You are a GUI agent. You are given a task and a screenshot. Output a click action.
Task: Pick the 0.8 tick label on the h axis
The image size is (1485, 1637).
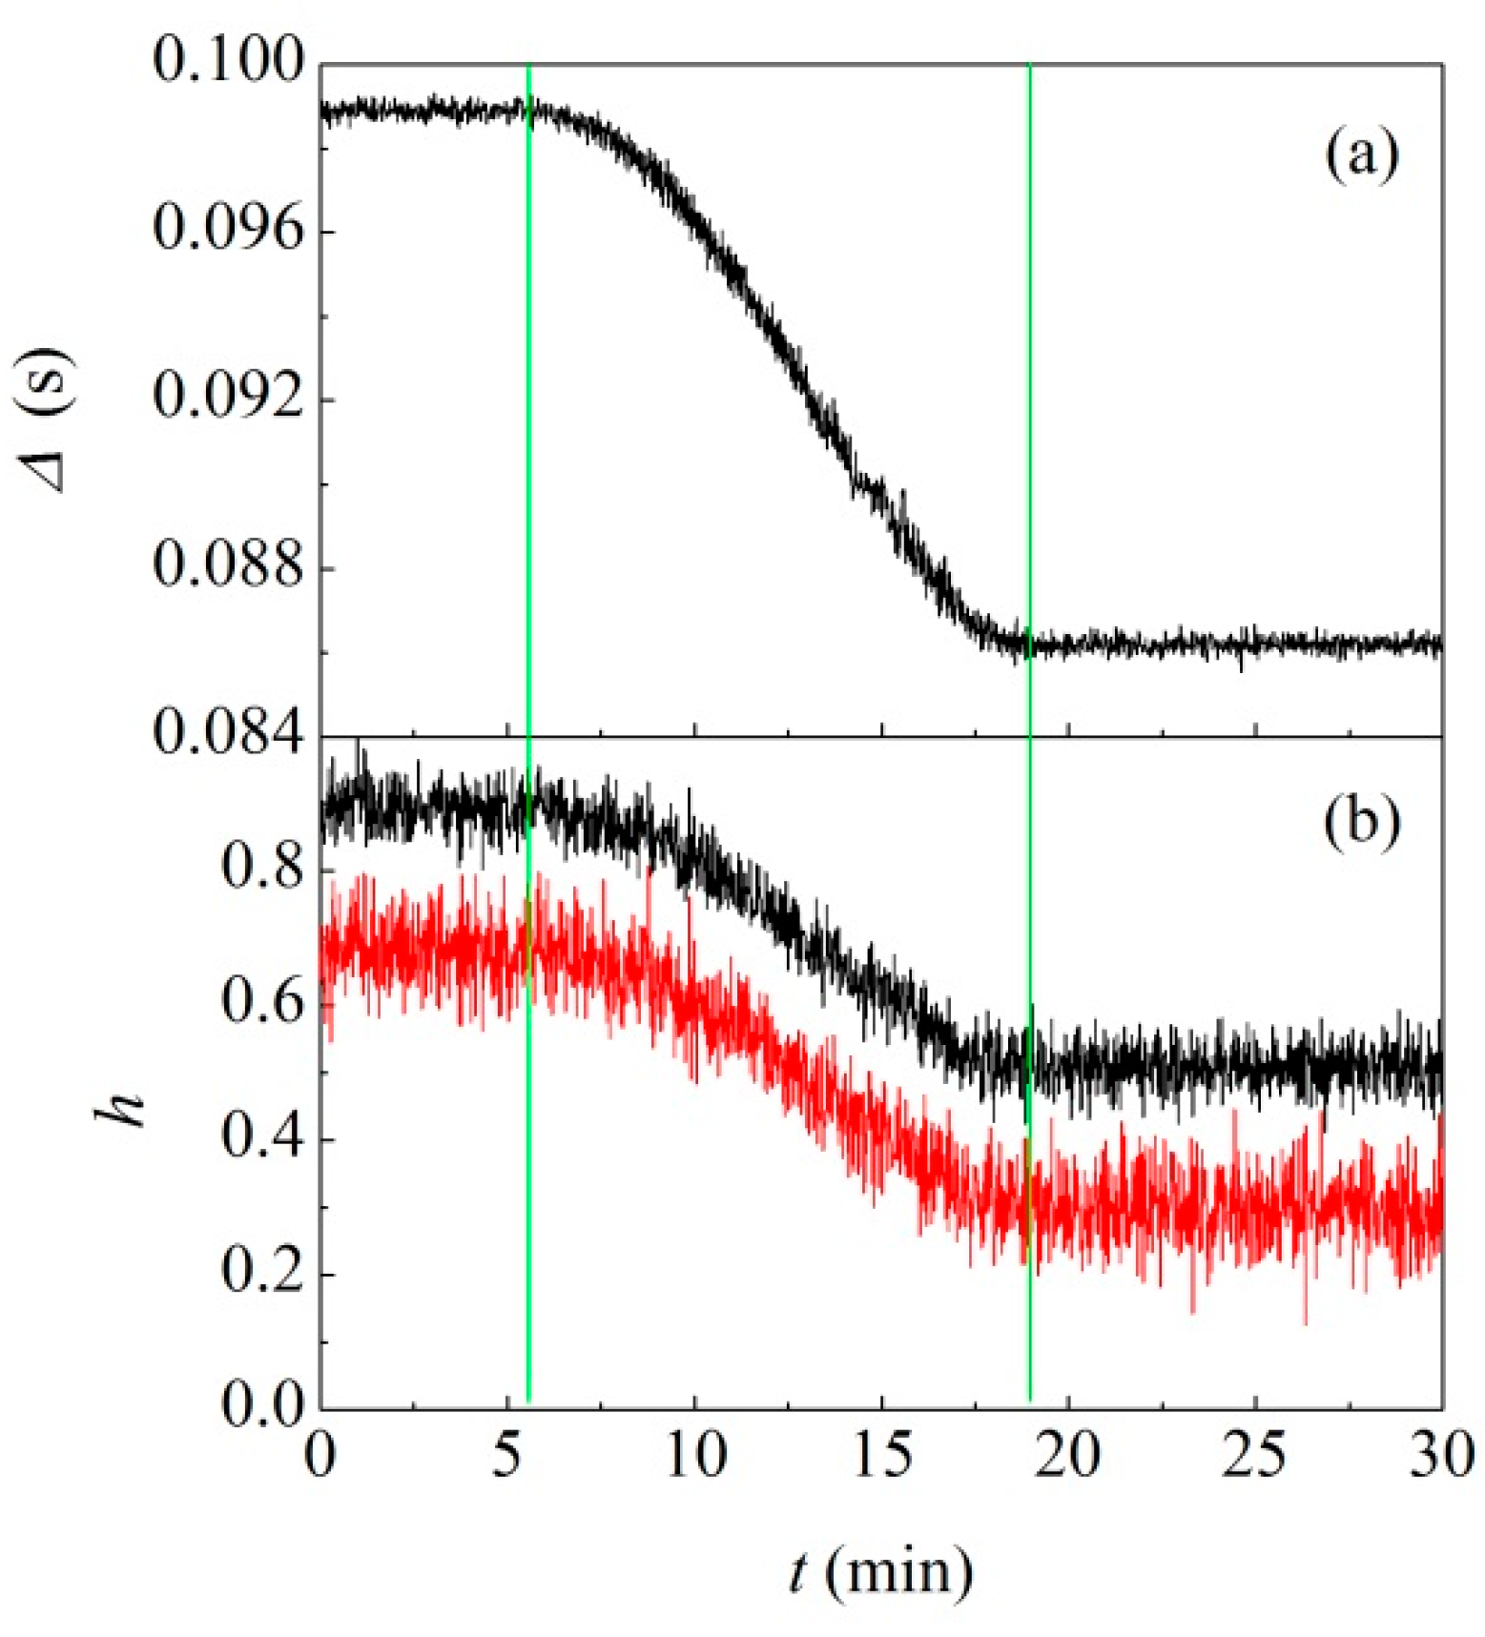(x=262, y=868)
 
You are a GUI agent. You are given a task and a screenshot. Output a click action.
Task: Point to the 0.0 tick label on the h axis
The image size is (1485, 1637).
(x=262, y=1405)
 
